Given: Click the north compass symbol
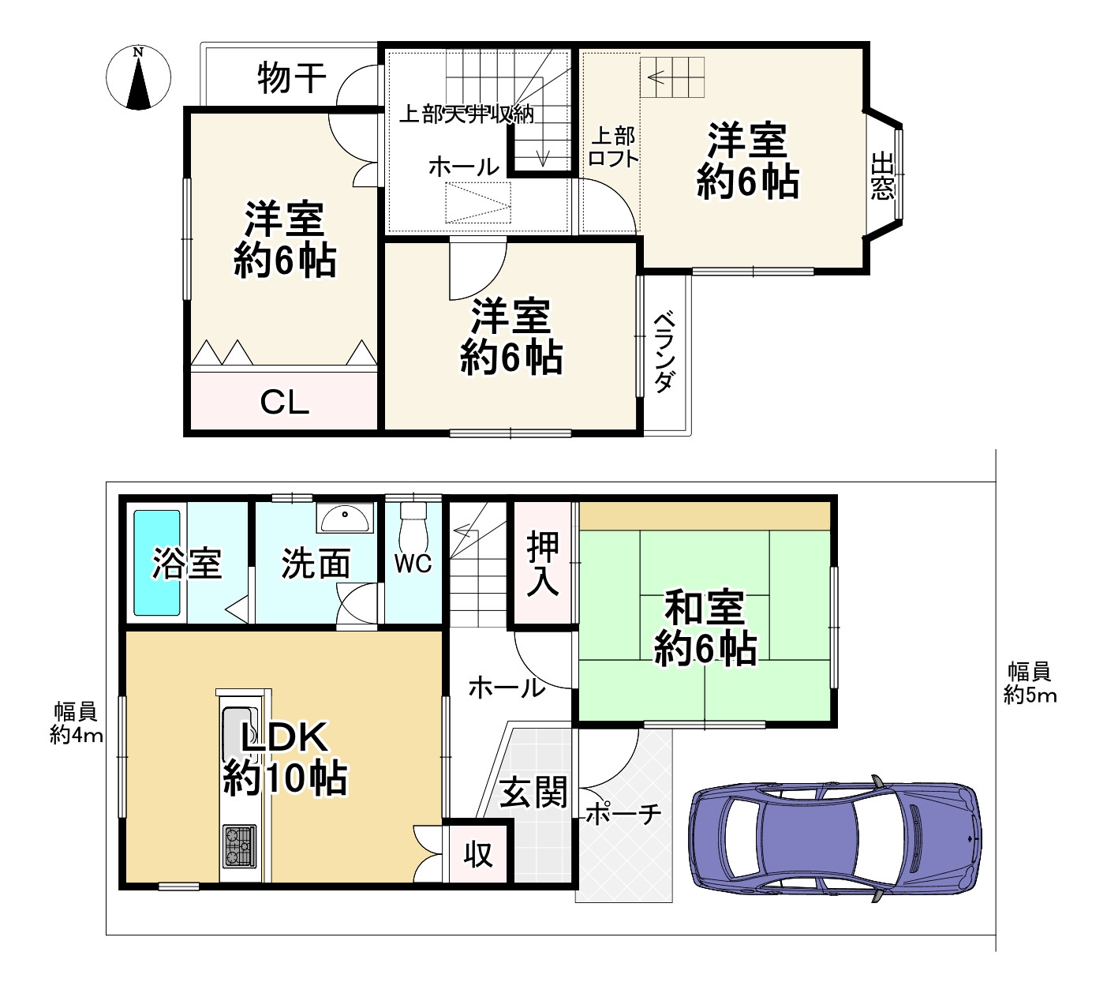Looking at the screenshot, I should point(139,77).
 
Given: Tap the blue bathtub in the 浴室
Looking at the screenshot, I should point(157,562).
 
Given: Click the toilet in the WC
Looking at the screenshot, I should point(412,524).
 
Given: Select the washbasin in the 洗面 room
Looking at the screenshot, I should point(344,519).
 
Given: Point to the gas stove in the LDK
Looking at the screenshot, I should point(239,844).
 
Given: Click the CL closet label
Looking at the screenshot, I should point(285,403).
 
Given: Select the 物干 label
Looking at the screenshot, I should point(291,78).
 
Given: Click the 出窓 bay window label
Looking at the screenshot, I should point(882,177).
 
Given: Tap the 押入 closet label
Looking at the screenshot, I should point(543,563).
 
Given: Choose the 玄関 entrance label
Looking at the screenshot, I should point(534,792).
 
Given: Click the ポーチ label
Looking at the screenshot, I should point(623,814).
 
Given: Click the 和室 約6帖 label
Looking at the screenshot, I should point(705,628).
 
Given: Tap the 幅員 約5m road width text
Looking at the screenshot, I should point(1030,684).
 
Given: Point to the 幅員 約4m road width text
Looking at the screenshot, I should point(77,723).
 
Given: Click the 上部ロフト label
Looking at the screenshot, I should point(613,147).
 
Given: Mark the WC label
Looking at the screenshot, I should point(413,563).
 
